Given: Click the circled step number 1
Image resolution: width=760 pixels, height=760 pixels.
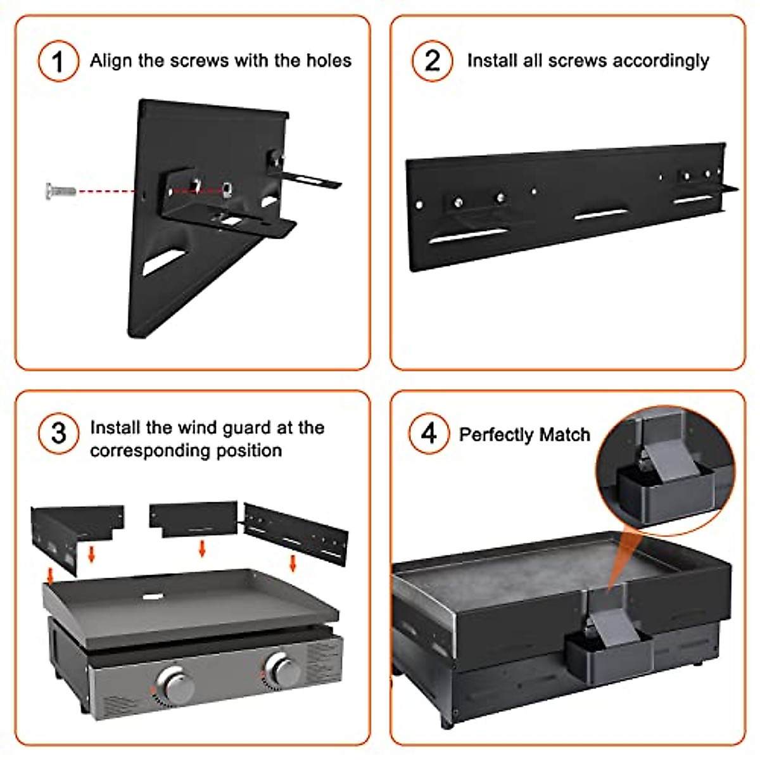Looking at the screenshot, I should [x=58, y=61].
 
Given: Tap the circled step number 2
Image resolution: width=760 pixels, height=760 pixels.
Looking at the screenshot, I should [x=432, y=61].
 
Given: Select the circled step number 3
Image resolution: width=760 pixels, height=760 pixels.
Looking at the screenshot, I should [x=58, y=434].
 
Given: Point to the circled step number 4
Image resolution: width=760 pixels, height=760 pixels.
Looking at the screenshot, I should [x=429, y=434].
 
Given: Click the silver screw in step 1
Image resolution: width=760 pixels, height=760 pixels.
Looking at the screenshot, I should [x=60, y=189].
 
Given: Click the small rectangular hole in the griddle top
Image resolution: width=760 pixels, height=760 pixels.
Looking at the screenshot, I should [x=153, y=596].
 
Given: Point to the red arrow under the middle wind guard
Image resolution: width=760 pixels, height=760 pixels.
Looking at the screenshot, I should [x=202, y=548].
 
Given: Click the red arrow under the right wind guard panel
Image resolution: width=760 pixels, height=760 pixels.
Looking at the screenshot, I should [x=293, y=562].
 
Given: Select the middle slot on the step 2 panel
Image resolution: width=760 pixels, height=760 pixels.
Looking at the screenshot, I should [x=600, y=215].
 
